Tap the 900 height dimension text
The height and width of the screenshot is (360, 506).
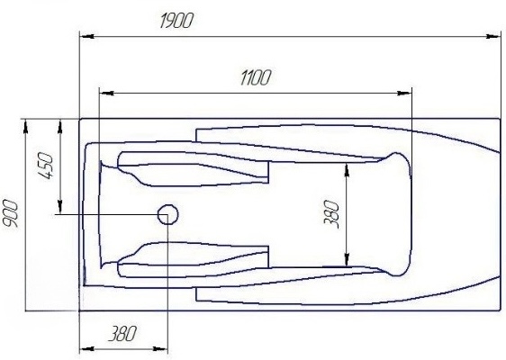(12, 213)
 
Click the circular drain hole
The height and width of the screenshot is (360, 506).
(167, 214)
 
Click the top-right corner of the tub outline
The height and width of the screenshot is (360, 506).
(500, 119)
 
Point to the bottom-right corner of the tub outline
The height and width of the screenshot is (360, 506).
(500, 310)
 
